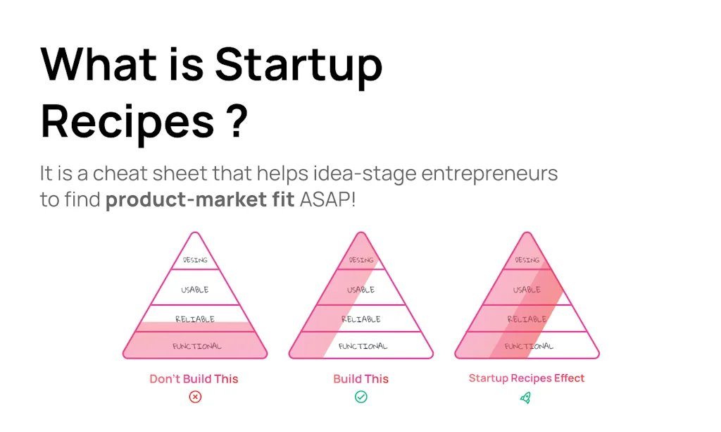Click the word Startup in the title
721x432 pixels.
pos(299,66)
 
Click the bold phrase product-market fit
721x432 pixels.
pos(201,199)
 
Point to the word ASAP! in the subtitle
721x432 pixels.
pos(328,199)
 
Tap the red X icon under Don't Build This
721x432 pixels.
pos(195,397)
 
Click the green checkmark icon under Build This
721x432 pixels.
pos(360,397)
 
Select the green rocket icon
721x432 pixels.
pos(526,397)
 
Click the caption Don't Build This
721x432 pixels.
pos(194,378)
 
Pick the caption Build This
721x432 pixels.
pos(360,378)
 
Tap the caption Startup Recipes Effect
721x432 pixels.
pos(527,378)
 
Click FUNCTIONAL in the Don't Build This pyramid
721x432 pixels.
pos(196,346)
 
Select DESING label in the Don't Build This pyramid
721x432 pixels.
pos(195,260)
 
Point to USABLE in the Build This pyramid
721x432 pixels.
pos(361,290)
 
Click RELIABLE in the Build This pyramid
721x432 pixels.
pos(361,319)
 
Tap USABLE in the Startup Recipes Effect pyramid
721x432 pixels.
pos(527,290)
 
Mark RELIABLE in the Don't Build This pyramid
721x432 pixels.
pos(195,319)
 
